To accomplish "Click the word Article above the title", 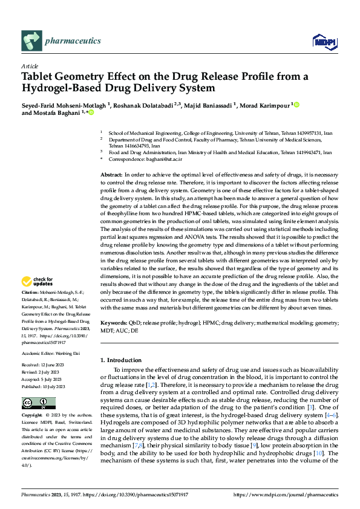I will coord(30,66).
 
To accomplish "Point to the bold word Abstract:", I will coord(113,174).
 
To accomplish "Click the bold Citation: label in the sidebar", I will coord(31,291).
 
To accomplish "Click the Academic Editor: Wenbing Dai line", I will coord(50,353).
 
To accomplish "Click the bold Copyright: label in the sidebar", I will coord(32,416).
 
